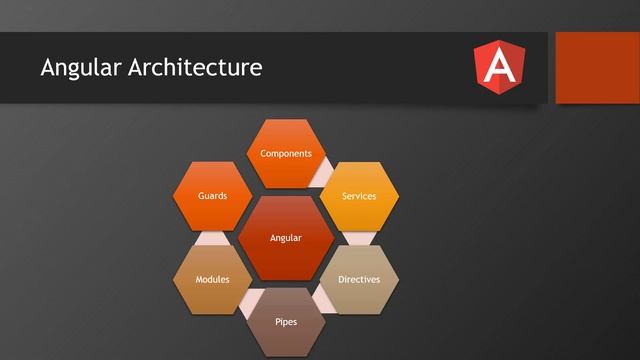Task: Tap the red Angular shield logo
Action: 498,67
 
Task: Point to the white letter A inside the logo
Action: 498,67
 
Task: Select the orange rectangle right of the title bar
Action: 597,67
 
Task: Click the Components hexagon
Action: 286,154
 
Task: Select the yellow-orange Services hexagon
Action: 359,196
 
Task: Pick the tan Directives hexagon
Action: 359,279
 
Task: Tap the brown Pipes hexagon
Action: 286,321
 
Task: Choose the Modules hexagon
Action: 212,279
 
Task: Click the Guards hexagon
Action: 212,196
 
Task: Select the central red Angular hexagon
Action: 286,238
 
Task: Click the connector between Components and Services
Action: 322,178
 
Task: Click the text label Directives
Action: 359,279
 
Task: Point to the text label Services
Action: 359,196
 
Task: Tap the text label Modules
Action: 212,279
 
